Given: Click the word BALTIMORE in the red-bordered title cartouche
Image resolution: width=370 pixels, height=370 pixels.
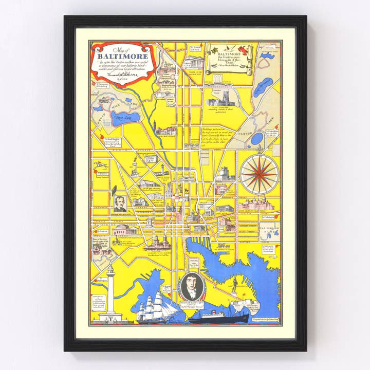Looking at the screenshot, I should (122, 56).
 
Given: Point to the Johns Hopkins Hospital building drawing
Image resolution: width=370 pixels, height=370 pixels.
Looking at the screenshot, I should (255, 205).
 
